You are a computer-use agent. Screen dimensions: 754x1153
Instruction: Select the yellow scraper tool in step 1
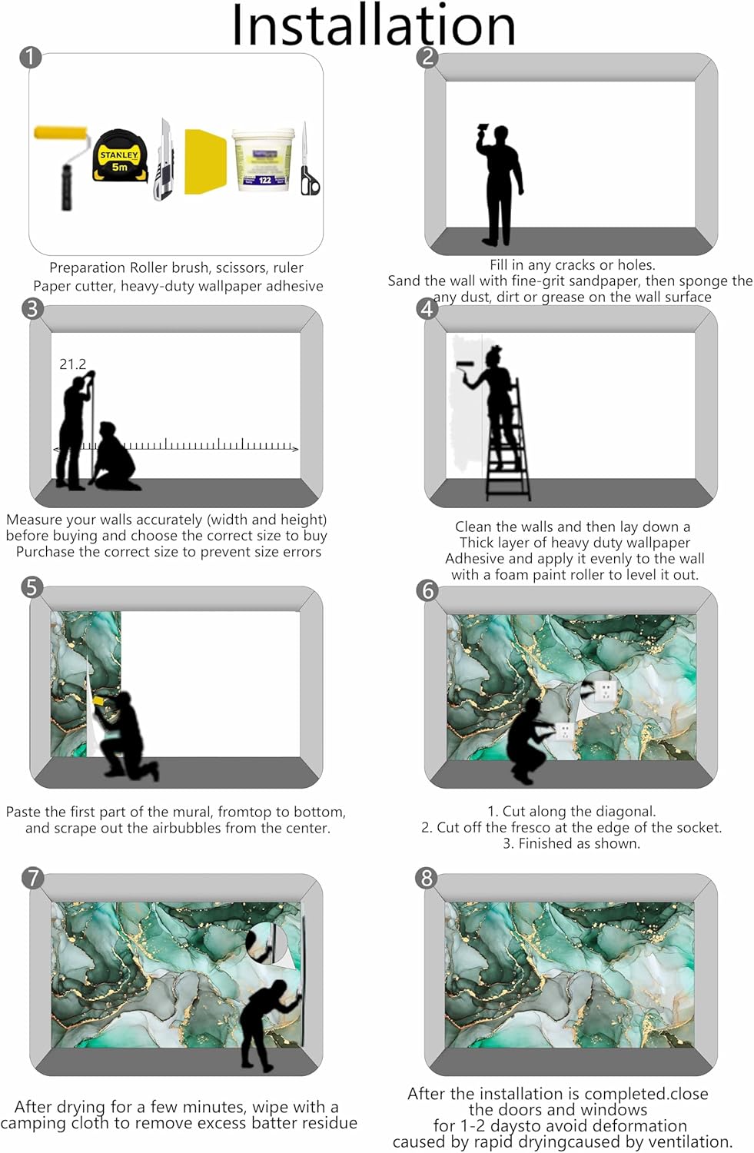point(205,161)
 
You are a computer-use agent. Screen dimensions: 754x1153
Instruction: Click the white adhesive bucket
point(264,160)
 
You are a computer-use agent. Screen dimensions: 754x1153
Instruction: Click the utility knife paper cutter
point(164,160)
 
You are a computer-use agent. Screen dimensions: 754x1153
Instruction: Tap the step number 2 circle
point(427,57)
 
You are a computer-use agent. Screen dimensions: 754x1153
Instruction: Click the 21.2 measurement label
point(72,364)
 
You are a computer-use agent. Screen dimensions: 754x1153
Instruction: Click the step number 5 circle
point(32,587)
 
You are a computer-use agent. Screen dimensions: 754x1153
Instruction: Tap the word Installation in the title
point(374,25)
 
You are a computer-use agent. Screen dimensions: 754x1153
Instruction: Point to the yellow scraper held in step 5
point(99,700)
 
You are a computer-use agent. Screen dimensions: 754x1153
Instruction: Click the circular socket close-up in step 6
point(600,690)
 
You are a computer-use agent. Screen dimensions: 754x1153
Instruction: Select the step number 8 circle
point(427,878)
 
